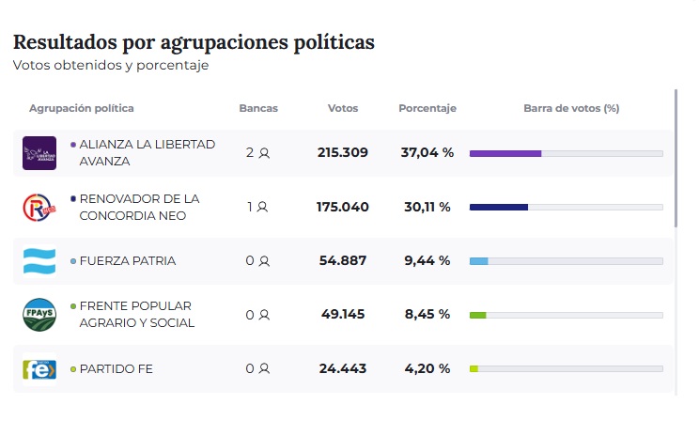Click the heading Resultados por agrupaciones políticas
tap(194, 42)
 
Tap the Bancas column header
tap(258, 108)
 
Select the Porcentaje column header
tap(427, 108)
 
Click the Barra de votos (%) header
tap(570, 108)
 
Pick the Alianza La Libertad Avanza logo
tap(39, 153)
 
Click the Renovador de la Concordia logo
tap(39, 207)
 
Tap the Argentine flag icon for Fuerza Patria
tap(39, 261)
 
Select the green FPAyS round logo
tap(39, 315)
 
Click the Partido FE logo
tap(39, 368)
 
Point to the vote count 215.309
tap(342, 152)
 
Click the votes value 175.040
tap(342, 207)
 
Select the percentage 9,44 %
tap(427, 260)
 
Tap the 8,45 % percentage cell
tap(427, 314)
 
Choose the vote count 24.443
tap(342, 368)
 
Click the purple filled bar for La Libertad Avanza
tap(505, 153)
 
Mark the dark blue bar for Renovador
tap(498, 207)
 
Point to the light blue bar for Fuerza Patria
tap(478, 260)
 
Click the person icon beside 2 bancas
tap(265, 153)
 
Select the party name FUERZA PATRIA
tap(127, 260)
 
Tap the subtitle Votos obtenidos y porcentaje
tap(111, 66)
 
